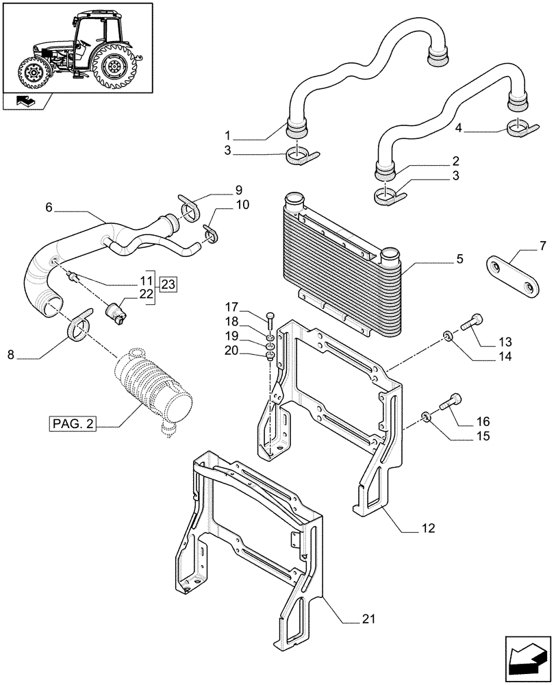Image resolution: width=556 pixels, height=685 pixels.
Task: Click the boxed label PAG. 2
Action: [x=71, y=424]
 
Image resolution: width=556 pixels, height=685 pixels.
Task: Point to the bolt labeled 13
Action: [x=475, y=321]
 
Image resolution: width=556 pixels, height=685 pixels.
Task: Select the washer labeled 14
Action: [x=446, y=336]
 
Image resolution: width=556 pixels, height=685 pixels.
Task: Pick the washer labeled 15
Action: [x=426, y=415]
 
